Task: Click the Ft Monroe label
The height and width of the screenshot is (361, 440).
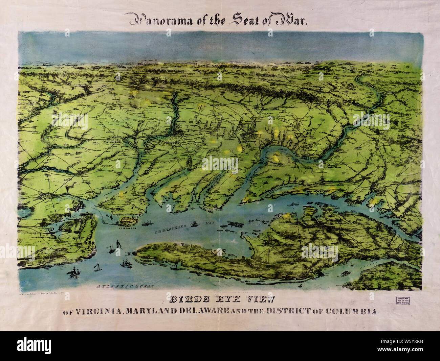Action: [x=128, y=228]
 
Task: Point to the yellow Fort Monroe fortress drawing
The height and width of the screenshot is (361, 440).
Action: [x=128, y=221]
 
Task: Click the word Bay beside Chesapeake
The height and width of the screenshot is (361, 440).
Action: [x=212, y=224]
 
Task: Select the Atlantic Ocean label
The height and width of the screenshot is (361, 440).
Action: [x=125, y=286]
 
